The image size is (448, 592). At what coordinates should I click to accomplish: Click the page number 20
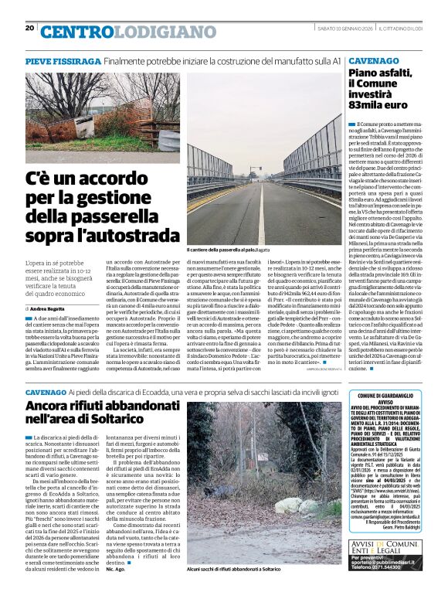[x=29, y=28]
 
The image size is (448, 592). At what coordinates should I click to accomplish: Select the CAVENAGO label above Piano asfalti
[x=371, y=60]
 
